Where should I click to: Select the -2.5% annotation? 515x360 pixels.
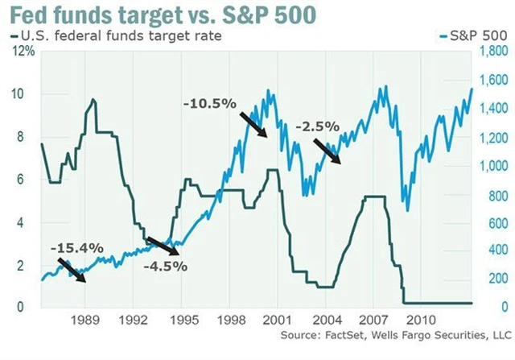point(318,126)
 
